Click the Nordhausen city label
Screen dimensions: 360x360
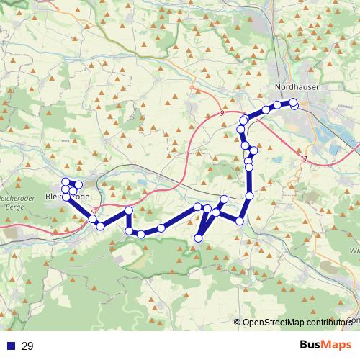297,87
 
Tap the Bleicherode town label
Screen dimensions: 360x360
67,197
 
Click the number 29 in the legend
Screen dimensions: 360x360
27,346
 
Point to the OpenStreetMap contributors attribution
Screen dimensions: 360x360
300,323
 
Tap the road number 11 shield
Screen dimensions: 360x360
305,158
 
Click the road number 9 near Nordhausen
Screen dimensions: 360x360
222,114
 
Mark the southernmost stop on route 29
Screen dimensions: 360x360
199,238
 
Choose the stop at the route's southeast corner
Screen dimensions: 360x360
240,220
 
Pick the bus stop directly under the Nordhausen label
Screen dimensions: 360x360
293,102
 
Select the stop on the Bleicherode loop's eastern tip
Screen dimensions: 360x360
78,185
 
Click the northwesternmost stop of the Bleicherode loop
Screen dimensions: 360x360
65,181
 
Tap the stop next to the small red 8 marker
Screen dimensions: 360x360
93,219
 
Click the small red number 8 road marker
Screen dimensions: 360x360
94,211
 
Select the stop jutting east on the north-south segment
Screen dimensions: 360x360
253,150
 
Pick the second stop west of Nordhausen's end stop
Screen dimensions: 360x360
266,109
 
